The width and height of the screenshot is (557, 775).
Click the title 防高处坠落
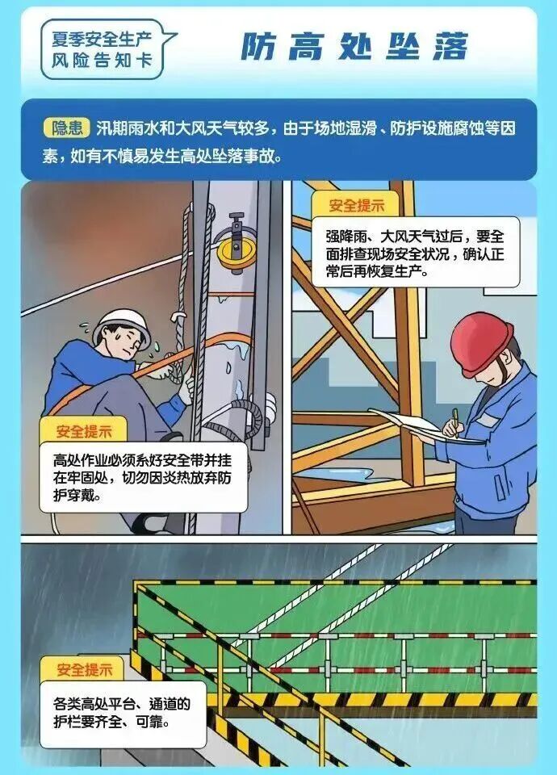tap(354, 48)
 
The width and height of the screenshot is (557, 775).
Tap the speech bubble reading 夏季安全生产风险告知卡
tap(105, 49)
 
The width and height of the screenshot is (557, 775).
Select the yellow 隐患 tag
tap(67, 128)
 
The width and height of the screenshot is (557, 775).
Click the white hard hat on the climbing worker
tap(122, 325)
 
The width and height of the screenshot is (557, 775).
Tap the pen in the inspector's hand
tap(455, 422)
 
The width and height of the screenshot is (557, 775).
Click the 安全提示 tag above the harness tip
tap(83, 430)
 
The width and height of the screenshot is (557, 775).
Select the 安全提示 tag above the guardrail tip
tap(84, 670)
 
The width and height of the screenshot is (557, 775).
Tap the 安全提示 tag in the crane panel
tap(356, 205)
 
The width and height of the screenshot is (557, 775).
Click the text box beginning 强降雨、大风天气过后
tap(415, 253)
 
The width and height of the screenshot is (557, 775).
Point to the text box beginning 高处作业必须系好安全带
tap(144, 478)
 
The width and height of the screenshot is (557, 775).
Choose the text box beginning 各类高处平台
tap(123, 714)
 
